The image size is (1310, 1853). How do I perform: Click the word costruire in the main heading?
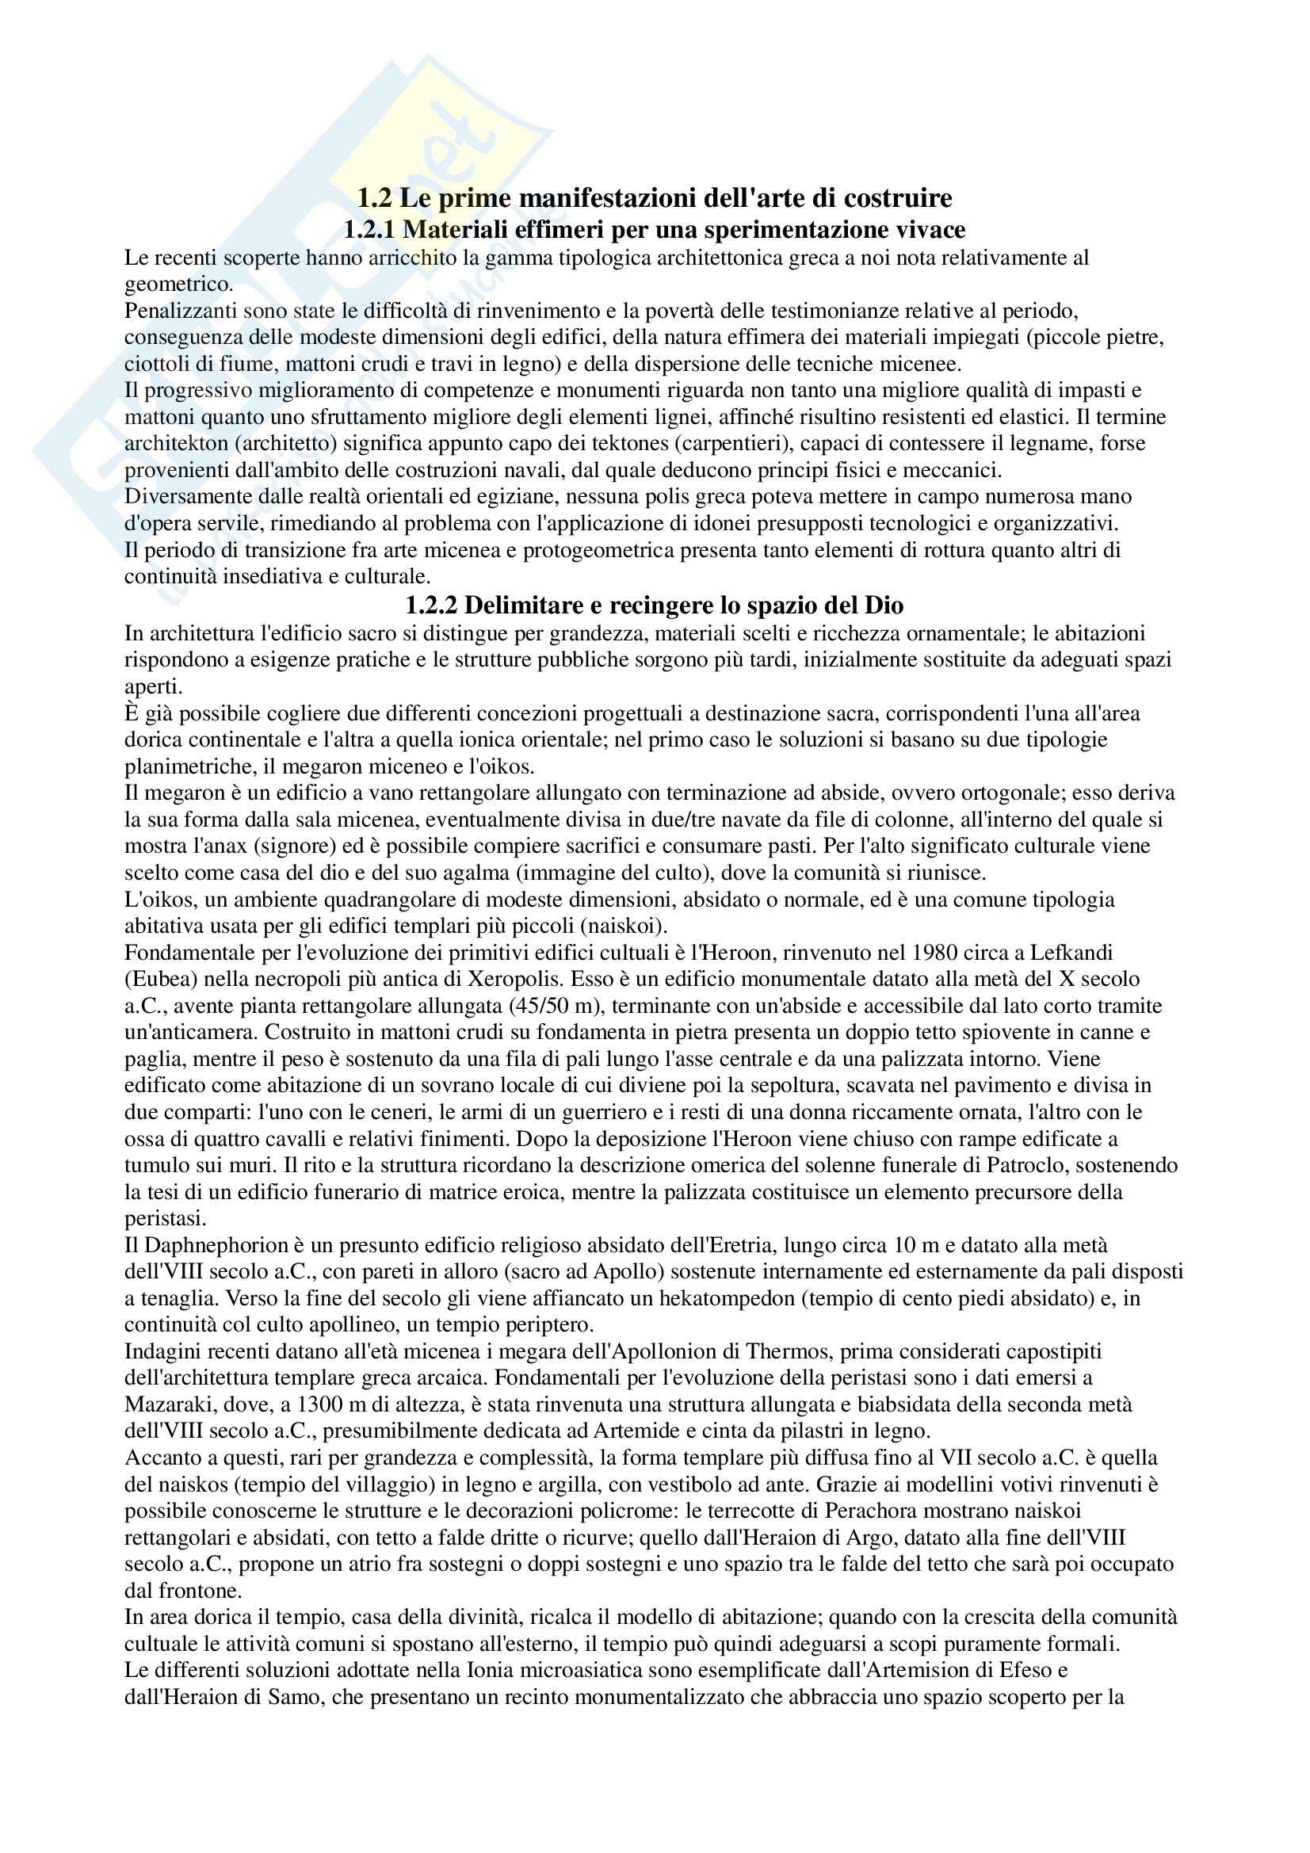pyautogui.click(x=896, y=197)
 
